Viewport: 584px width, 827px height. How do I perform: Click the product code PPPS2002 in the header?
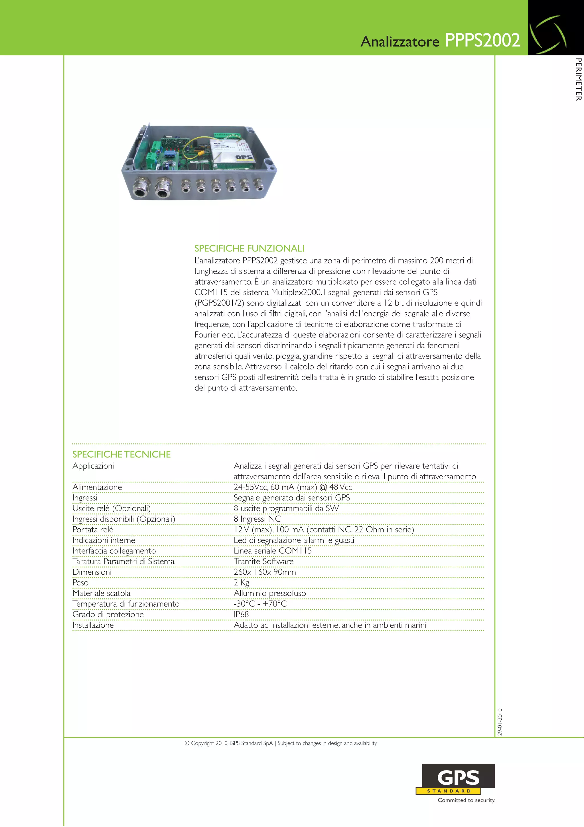click(482, 40)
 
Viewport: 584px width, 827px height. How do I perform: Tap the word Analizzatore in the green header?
click(400, 41)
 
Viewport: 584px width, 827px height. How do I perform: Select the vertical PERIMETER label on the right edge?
click(578, 79)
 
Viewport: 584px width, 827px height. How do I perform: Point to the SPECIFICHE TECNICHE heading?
click(122, 454)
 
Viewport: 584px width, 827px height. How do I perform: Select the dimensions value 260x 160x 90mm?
click(265, 572)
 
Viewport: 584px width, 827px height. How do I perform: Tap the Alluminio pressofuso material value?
click(270, 593)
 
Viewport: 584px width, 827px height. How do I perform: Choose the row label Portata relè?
click(93, 530)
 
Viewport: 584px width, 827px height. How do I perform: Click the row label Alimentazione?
click(97, 487)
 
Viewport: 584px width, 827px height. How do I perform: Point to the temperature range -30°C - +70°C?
click(260, 604)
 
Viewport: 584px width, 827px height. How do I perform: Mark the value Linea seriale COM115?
click(273, 551)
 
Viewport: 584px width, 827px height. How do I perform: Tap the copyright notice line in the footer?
click(281, 743)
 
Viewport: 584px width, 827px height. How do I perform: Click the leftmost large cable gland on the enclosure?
click(139, 188)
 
